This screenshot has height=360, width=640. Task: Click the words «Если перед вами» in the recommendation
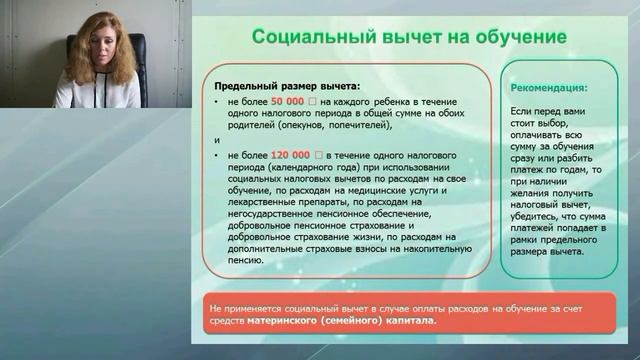548,114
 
